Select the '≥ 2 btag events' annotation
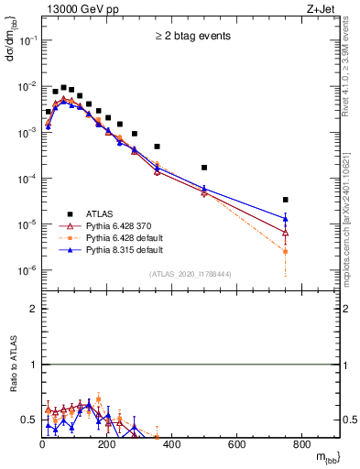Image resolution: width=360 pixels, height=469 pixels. pos(191,36)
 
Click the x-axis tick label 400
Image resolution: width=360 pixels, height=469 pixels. pos(171,444)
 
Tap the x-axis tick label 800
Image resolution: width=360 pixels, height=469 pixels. pos(301,444)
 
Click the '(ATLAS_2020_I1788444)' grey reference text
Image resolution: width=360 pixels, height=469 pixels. pos(191,274)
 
